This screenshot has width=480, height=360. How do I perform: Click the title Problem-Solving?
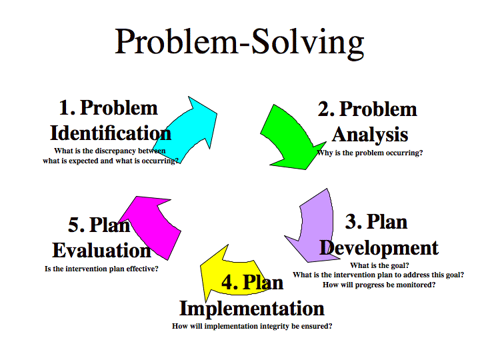[x=240, y=41]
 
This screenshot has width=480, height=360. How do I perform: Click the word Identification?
[x=111, y=132]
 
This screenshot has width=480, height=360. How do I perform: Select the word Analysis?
[x=370, y=135]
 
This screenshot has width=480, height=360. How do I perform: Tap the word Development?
[x=379, y=247]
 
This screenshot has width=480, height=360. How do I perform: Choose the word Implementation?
[x=252, y=308]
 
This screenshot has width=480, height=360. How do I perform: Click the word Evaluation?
[x=101, y=251]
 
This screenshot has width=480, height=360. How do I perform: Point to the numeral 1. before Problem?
[x=67, y=107]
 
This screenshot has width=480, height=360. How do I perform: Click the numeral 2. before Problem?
[x=326, y=109]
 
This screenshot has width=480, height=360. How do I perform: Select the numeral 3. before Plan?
[x=354, y=221]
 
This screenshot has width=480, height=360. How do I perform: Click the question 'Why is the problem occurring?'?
[x=370, y=153]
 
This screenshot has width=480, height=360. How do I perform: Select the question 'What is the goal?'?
[x=379, y=265]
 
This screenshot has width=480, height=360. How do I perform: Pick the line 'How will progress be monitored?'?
[x=379, y=285]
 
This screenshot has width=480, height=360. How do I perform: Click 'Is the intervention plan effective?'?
[x=101, y=269]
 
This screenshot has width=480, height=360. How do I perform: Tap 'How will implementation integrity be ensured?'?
[x=252, y=326]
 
